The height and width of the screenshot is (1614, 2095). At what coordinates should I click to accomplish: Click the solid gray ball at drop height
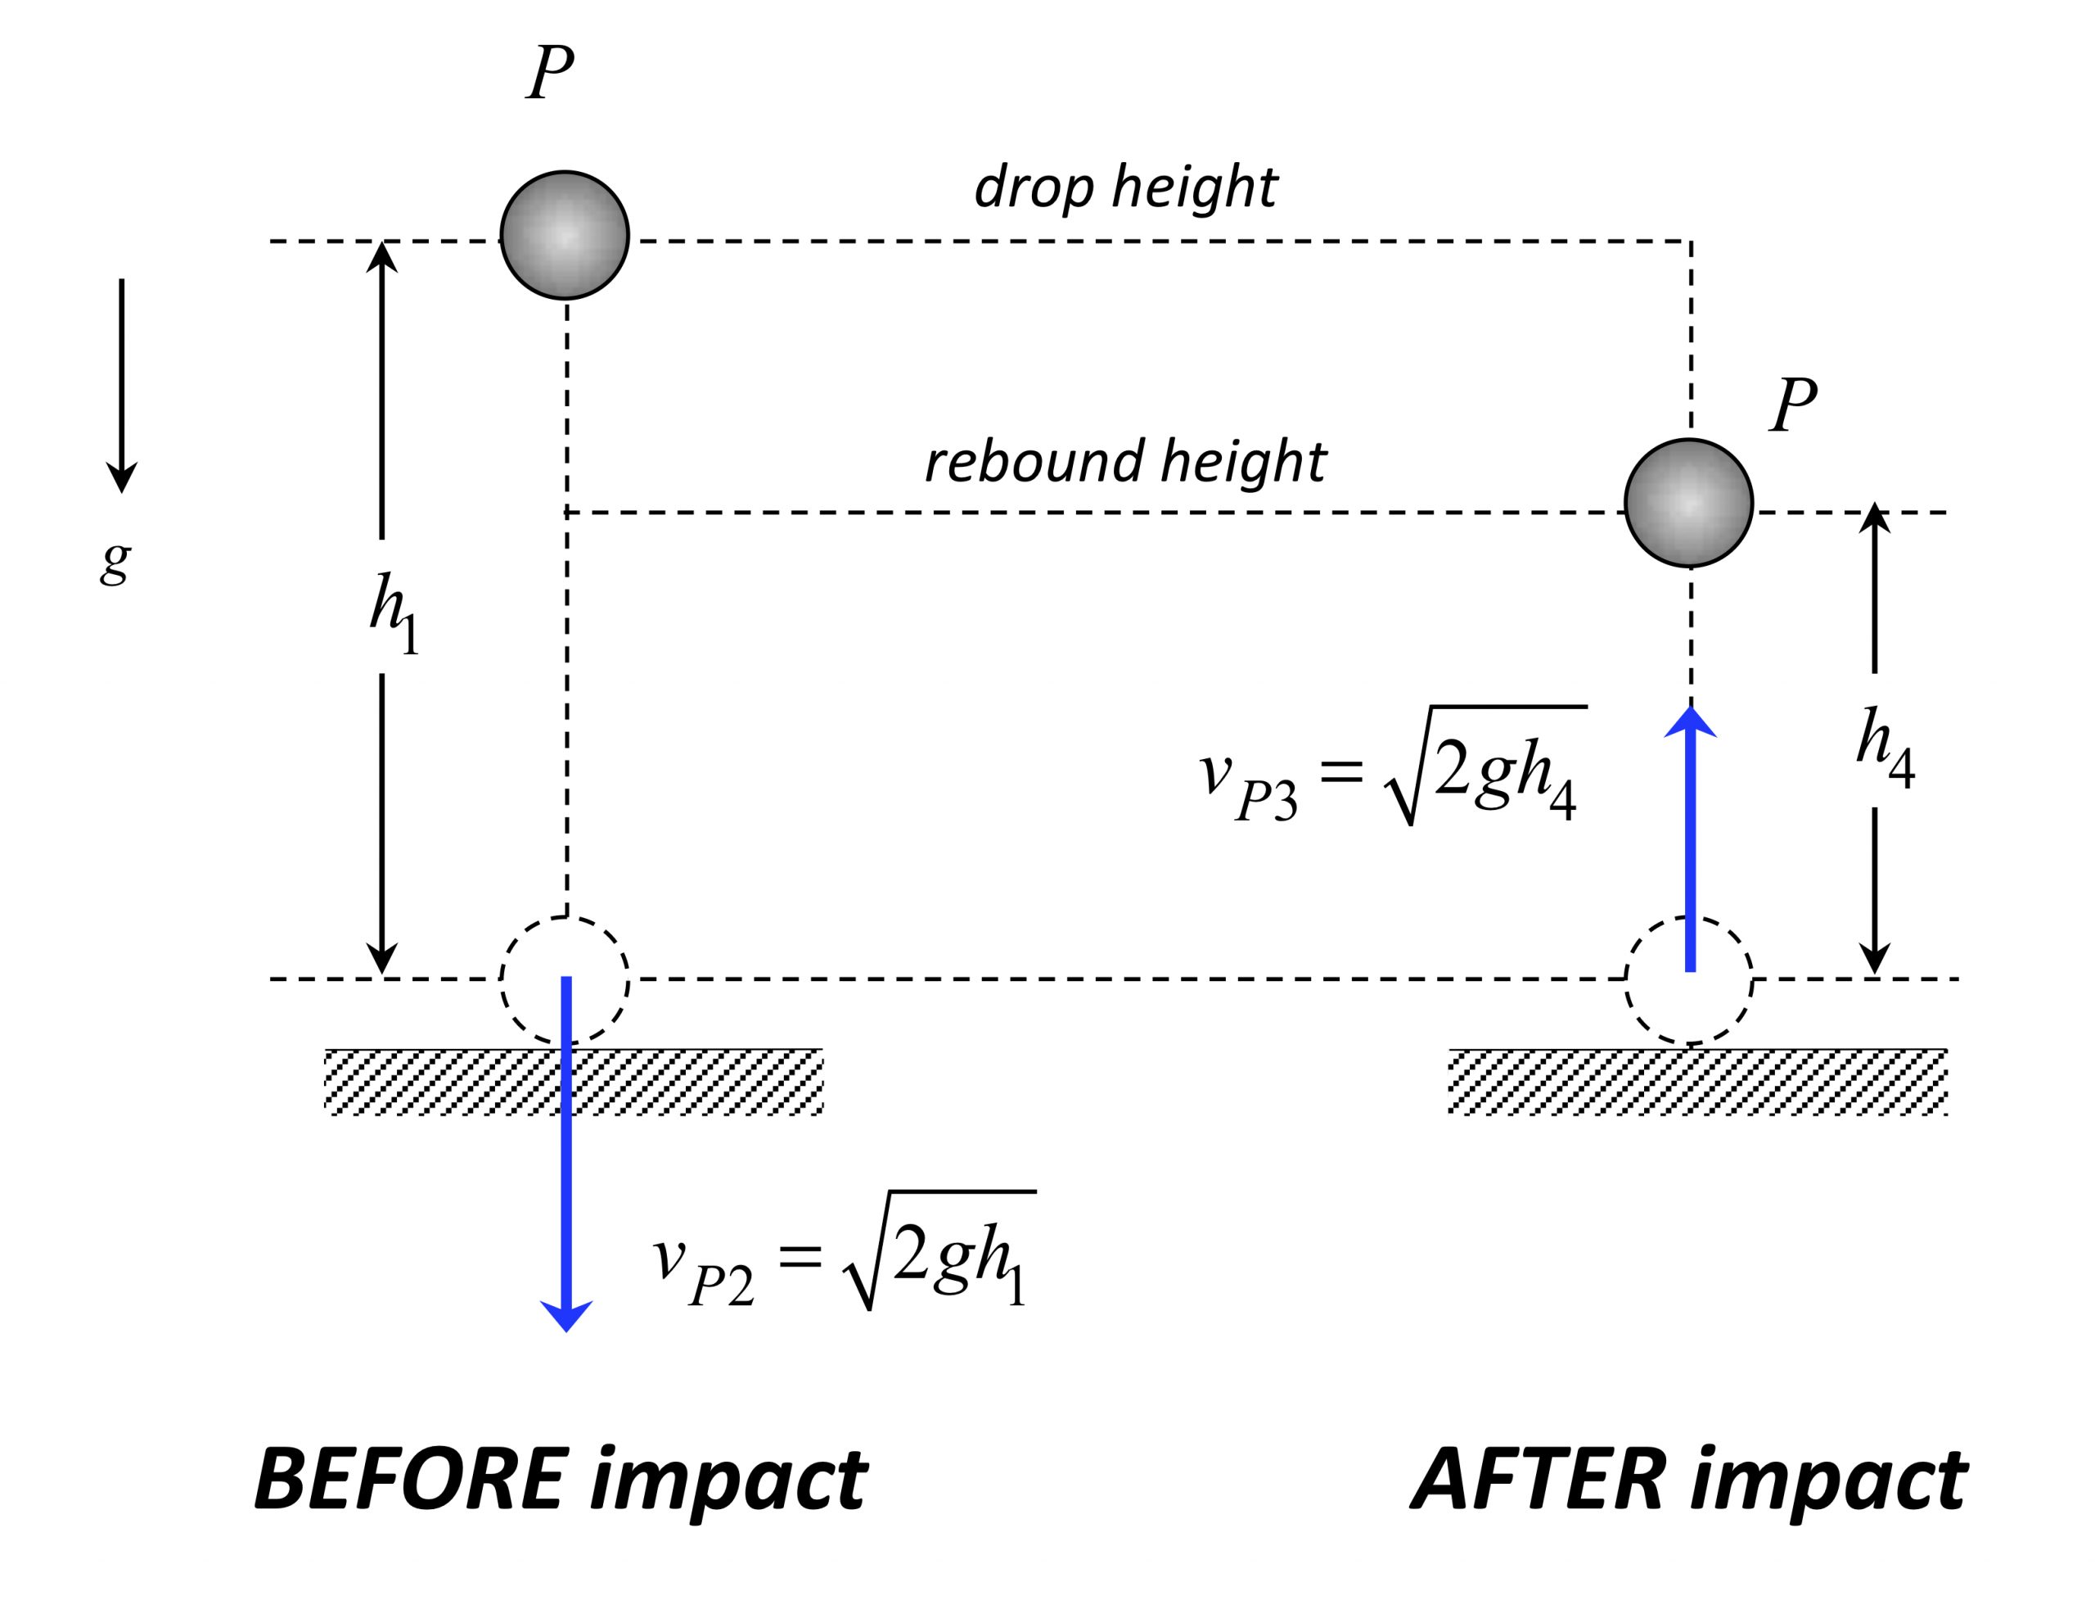point(564,235)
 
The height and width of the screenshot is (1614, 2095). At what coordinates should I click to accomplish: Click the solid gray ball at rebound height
point(1688,502)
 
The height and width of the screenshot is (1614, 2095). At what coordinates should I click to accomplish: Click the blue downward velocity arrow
point(566,1200)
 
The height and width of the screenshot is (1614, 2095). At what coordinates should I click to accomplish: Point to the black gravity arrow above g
point(121,384)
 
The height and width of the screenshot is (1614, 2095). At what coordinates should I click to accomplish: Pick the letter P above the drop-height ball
point(551,72)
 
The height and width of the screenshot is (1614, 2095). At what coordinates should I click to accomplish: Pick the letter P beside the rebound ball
point(1793,405)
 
